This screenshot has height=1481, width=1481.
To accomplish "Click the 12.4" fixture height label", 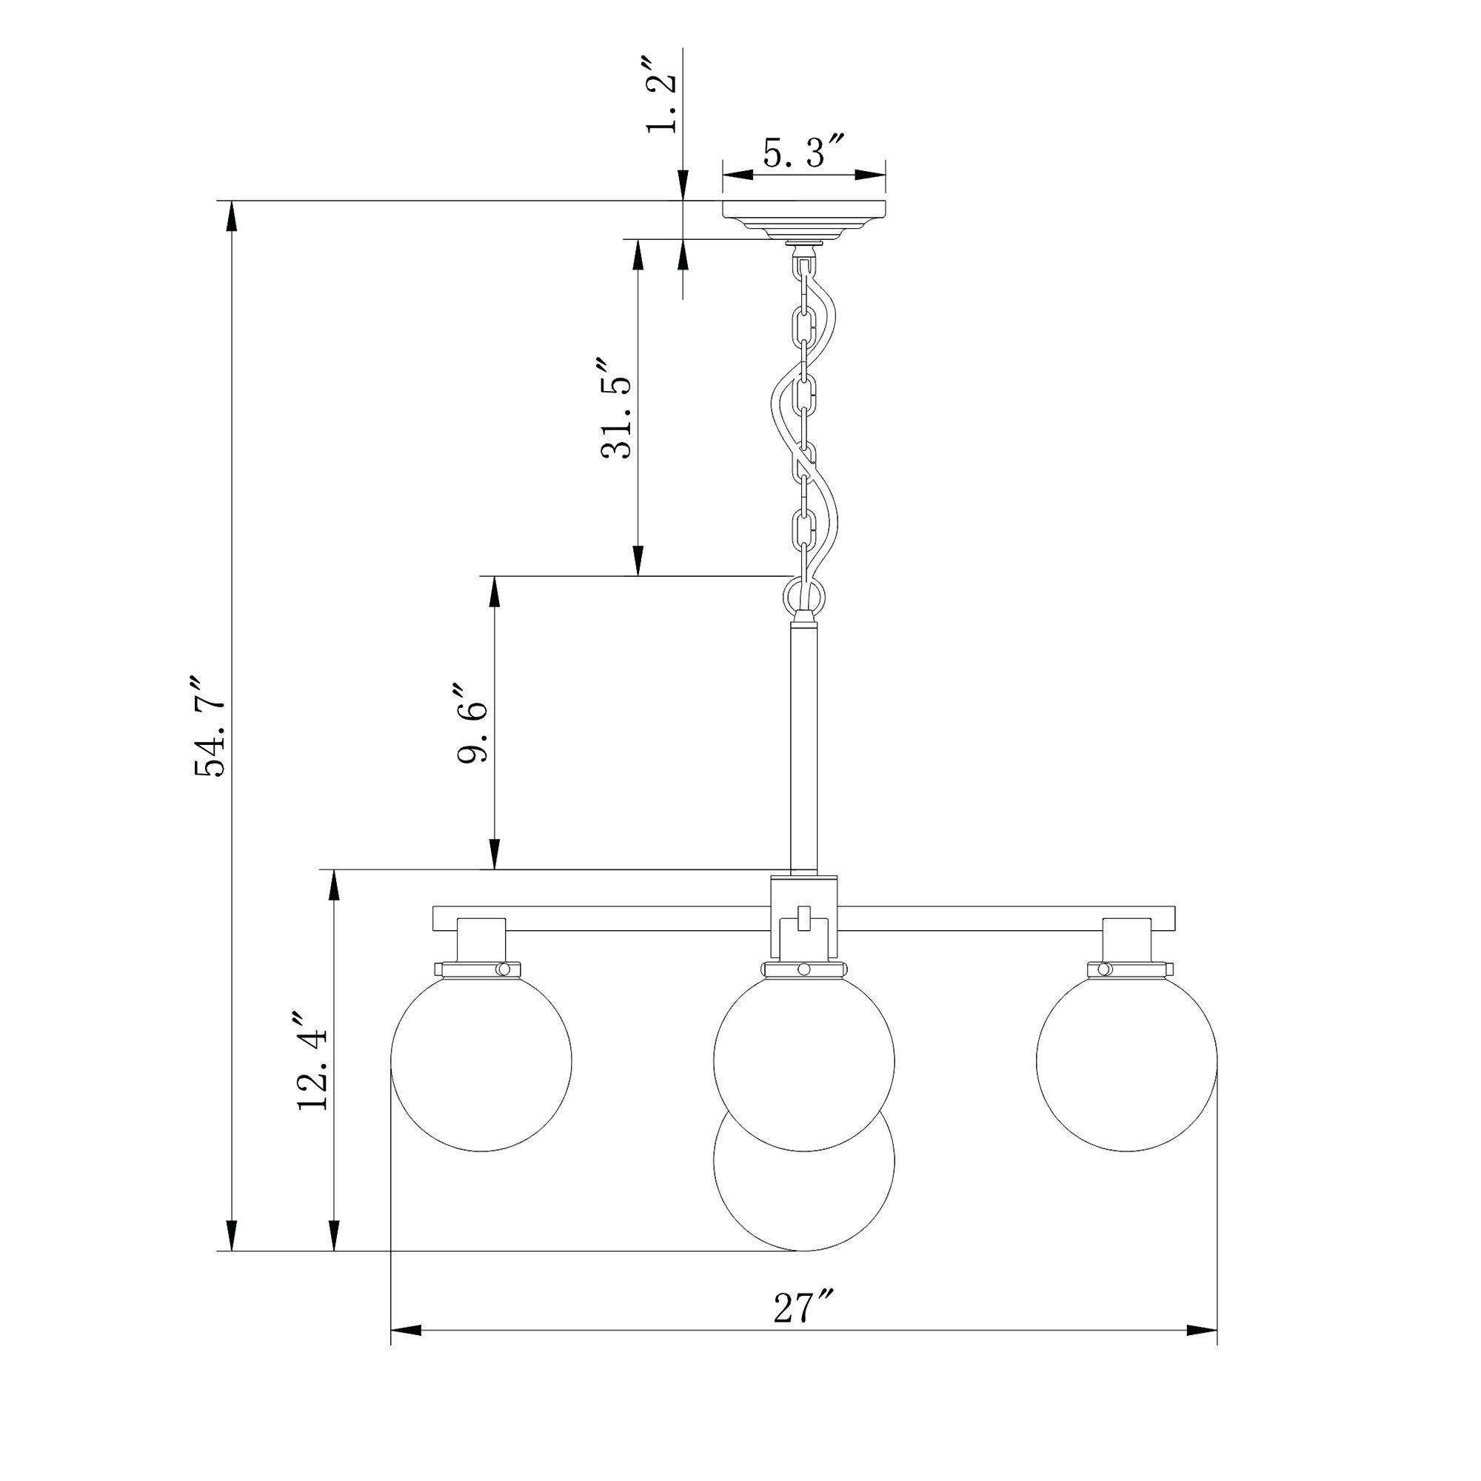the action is [x=312, y=1062].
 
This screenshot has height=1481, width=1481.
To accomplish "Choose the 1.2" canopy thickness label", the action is [x=661, y=94].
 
